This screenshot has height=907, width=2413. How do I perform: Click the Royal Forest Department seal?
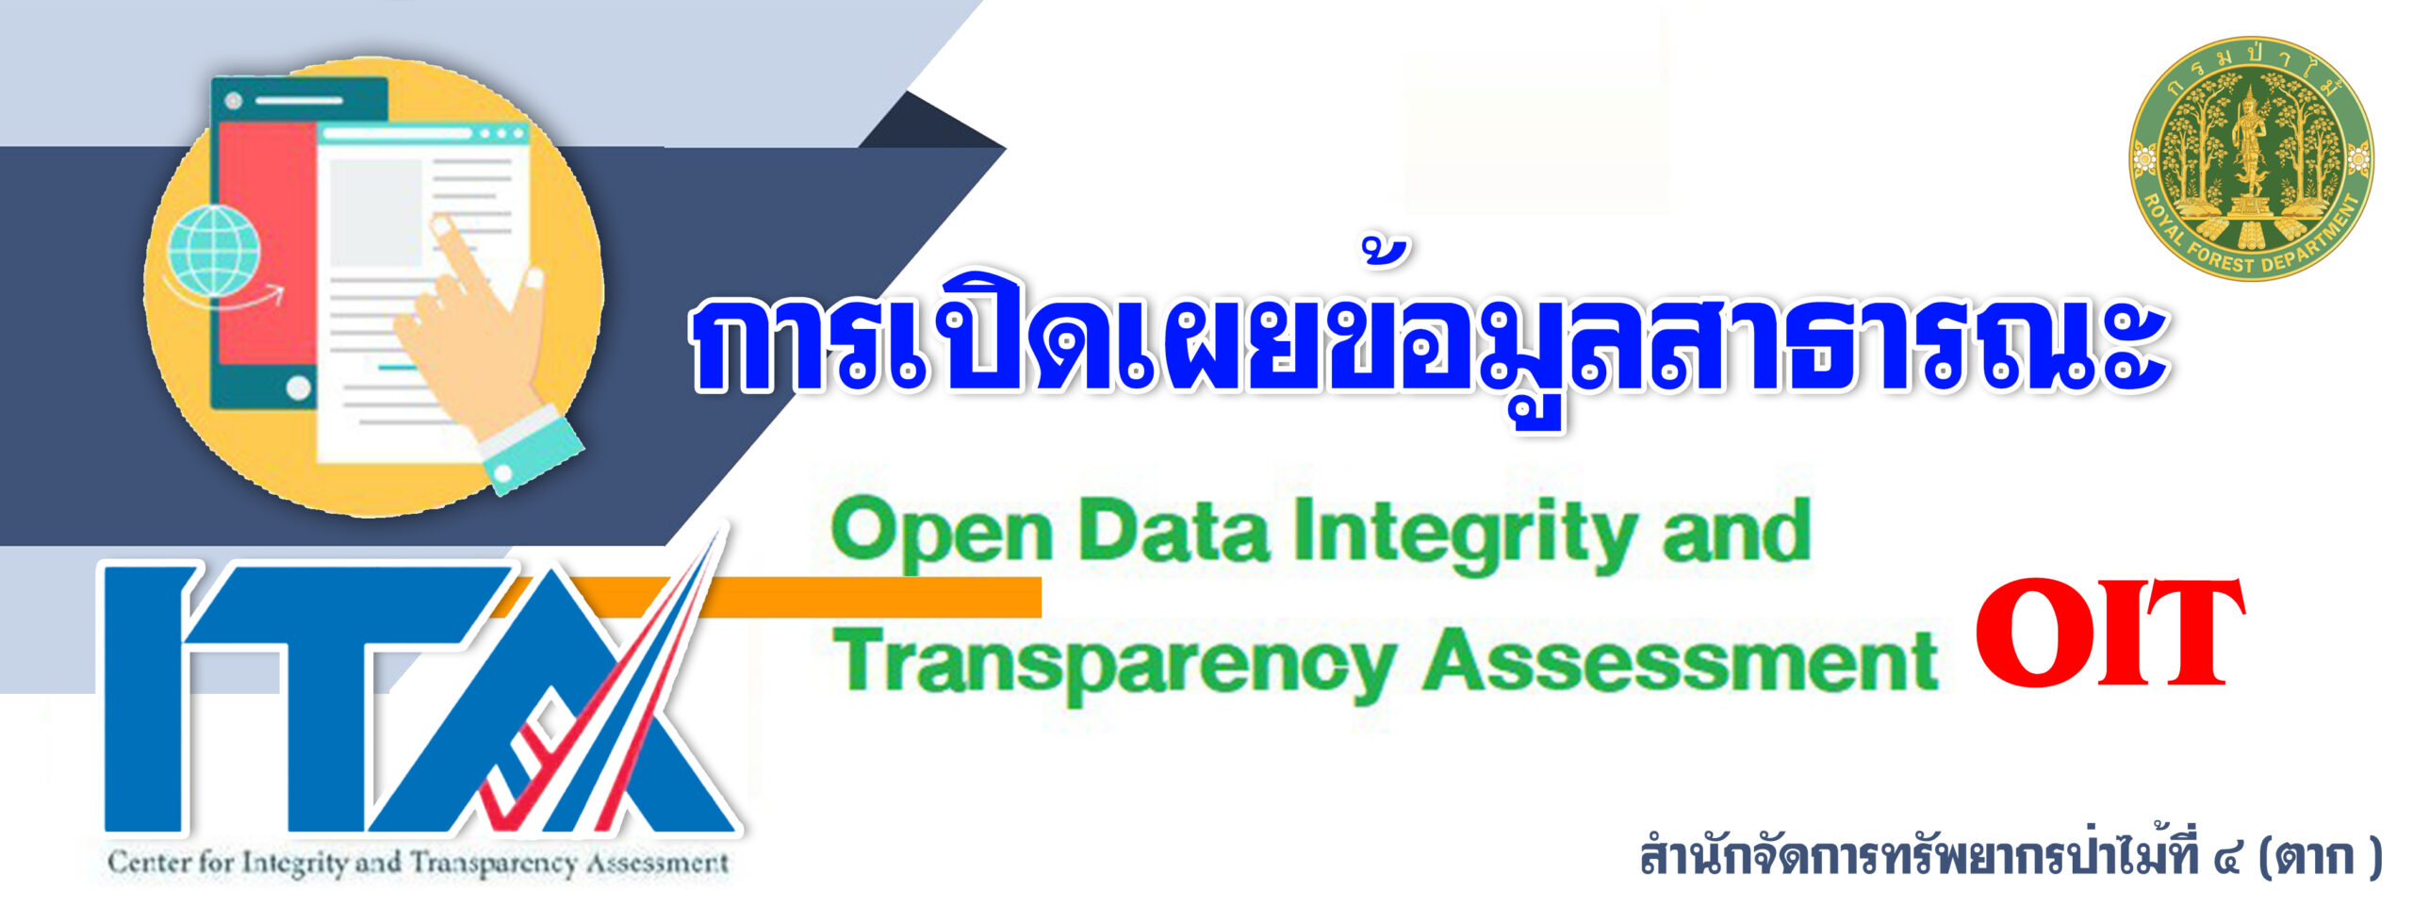[x=2251, y=158]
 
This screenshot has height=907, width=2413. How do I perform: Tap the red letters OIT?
[x=2109, y=633]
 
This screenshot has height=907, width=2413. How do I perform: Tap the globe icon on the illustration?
[x=213, y=250]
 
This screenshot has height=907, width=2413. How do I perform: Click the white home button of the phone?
[x=299, y=388]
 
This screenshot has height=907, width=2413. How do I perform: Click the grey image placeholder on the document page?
[x=374, y=213]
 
